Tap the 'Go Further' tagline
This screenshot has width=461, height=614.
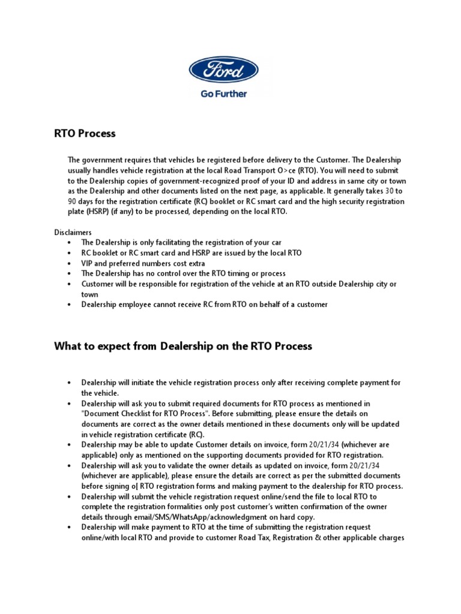(x=224, y=94)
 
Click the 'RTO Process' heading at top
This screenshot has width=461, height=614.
(x=85, y=134)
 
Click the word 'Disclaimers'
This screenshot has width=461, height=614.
(x=73, y=231)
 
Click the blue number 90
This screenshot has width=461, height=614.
(x=73, y=201)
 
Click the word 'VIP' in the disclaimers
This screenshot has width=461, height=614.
(x=89, y=263)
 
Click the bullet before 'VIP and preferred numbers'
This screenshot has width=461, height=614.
(x=70, y=263)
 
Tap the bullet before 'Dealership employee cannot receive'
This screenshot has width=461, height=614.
(x=70, y=305)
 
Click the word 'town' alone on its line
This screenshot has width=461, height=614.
(x=90, y=294)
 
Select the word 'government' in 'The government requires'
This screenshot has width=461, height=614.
(x=103, y=160)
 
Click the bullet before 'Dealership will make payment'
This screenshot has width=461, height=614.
(x=70, y=527)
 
